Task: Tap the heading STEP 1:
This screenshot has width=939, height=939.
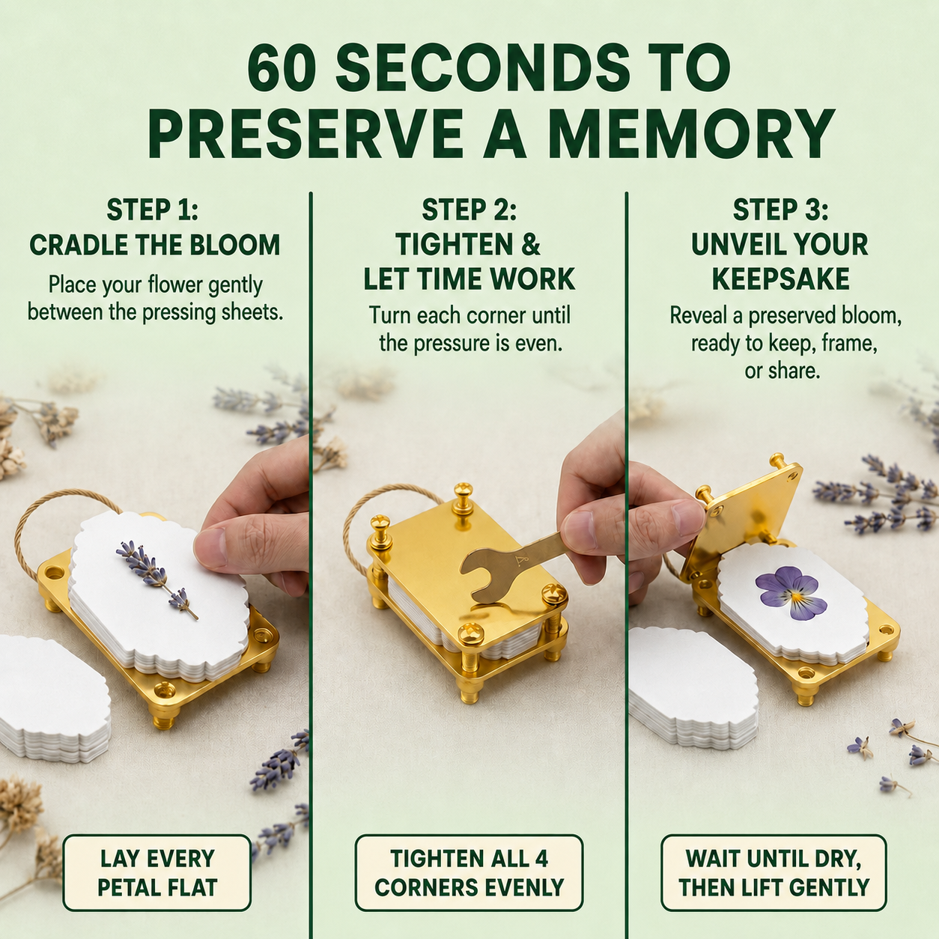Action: point(152,210)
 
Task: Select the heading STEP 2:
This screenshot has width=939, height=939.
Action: point(469,210)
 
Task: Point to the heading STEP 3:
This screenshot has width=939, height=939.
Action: point(780,210)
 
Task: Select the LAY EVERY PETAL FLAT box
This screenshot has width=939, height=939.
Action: point(157,872)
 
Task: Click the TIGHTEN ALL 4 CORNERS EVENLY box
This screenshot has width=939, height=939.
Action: point(469,872)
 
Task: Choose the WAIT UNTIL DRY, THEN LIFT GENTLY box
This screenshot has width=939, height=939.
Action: point(774,872)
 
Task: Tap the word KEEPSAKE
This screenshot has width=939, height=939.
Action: point(781,279)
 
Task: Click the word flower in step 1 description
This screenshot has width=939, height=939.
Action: point(177,285)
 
